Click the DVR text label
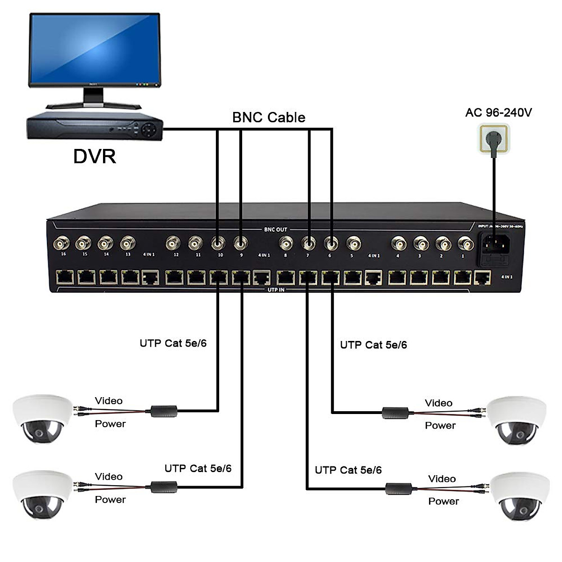tap(95, 155)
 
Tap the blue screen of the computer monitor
tap(94, 49)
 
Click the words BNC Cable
tap(269, 117)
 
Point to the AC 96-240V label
tap(498, 112)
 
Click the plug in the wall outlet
tap(493, 138)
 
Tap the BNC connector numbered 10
tap(218, 244)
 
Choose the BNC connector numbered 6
tap(331, 244)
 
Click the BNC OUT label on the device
tap(275, 229)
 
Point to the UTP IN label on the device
tap(276, 290)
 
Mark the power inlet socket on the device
tap(494, 244)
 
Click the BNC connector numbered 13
tap(128, 244)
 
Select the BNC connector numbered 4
tap(399, 244)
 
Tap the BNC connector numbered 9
tap(241, 244)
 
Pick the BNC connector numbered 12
tap(174, 244)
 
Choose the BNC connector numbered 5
tap(354, 244)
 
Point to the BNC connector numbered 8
tap(286, 244)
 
